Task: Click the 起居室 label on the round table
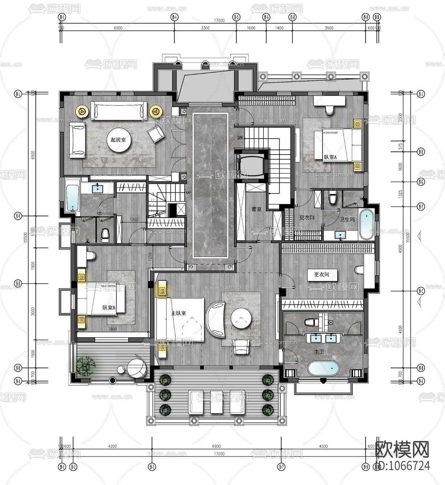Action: [x=118, y=140]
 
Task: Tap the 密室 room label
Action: [x=256, y=209]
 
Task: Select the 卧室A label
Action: [x=330, y=157]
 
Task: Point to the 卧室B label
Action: [x=109, y=308]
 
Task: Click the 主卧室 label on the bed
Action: [x=179, y=313]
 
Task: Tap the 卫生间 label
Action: [x=347, y=220]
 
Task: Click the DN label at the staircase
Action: [x=240, y=138]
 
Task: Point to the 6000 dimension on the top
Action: [x=118, y=28]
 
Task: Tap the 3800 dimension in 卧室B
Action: [x=113, y=329]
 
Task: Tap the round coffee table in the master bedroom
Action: [x=241, y=319]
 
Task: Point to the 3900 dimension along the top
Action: [x=328, y=28]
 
